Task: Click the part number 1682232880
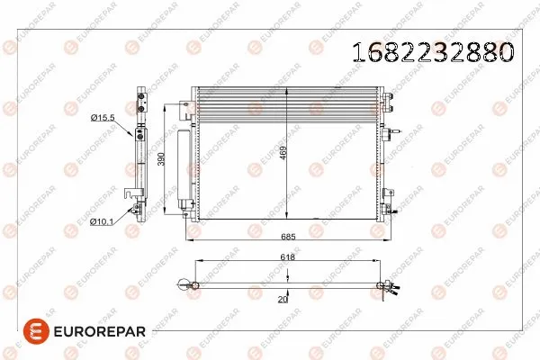[x=433, y=52]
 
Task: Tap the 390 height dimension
[x=161, y=158]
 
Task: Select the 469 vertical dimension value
[x=283, y=152]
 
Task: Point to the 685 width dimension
[x=288, y=237]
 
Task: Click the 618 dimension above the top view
[x=288, y=257]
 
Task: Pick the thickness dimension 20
[x=283, y=300]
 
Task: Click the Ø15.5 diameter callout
[x=103, y=118]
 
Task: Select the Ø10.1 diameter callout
[x=101, y=222]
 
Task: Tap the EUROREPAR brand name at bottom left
[x=100, y=331]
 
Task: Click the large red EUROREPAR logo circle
[x=36, y=331]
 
